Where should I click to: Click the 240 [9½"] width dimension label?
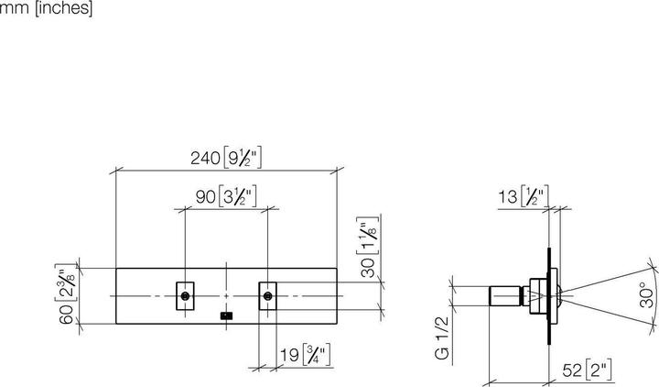(227, 158)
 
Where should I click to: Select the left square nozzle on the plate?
(186, 295)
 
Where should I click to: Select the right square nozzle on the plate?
(267, 295)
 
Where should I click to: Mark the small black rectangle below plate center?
(226, 316)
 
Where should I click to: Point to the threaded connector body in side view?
(509, 295)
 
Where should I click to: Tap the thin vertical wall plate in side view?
(551, 295)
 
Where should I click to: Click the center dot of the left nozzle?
(186, 295)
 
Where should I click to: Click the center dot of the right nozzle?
(267, 295)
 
